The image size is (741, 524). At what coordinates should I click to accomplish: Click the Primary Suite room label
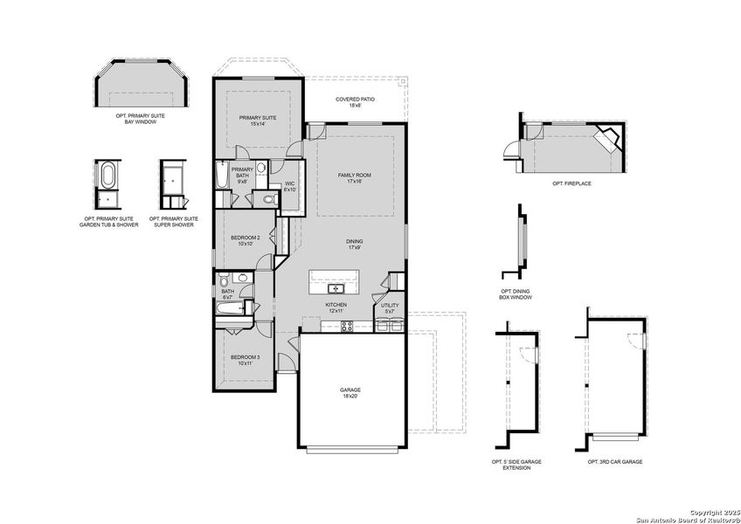coord(258,119)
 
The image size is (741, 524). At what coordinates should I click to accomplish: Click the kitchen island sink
coord(336,288)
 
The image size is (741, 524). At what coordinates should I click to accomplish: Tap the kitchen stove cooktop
coord(347,326)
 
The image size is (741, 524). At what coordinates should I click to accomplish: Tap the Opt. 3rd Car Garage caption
coord(615,461)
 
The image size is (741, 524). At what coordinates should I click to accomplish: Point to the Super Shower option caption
coord(174,221)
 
